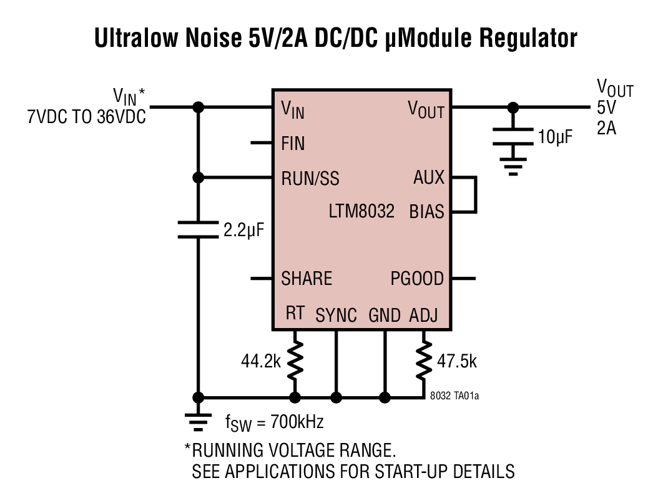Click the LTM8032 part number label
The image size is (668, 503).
pos(361,211)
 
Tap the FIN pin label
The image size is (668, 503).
pos(293,144)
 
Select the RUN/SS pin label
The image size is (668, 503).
pos(310,179)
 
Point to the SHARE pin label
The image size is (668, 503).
pos(307,278)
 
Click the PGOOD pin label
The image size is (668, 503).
pos(417,278)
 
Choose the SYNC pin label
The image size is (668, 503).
pos(336,315)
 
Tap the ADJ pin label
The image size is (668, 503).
pos(423,315)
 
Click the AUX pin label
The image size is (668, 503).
pos(429,177)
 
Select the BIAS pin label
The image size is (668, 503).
pos(426,211)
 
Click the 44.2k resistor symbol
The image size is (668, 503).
pos(295,361)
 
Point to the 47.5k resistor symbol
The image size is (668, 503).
pos(425,361)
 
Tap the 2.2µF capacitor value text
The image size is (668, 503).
pos(244,230)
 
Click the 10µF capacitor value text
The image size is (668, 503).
pos(555,137)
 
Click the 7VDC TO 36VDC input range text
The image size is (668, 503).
pos(86,117)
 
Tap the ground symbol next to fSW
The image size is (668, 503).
pos(199,422)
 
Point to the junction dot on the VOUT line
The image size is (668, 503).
pos(513,107)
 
